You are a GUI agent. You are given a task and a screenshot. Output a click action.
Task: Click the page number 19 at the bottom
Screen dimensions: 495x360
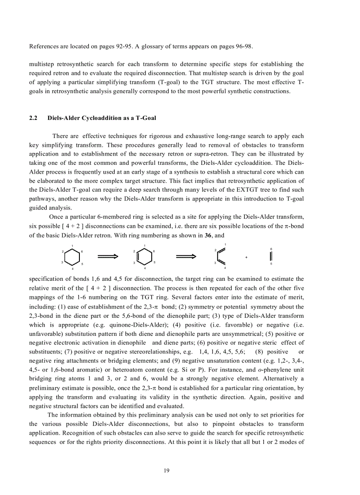point(166,471)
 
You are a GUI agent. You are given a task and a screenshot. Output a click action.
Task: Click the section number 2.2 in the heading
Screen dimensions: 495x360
point(33,118)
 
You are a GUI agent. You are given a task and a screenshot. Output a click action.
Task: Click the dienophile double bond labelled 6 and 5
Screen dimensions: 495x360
point(270,257)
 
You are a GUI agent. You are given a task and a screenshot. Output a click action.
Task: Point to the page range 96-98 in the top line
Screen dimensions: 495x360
point(242,47)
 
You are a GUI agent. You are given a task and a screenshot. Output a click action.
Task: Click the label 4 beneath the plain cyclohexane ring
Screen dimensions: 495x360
point(73,268)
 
